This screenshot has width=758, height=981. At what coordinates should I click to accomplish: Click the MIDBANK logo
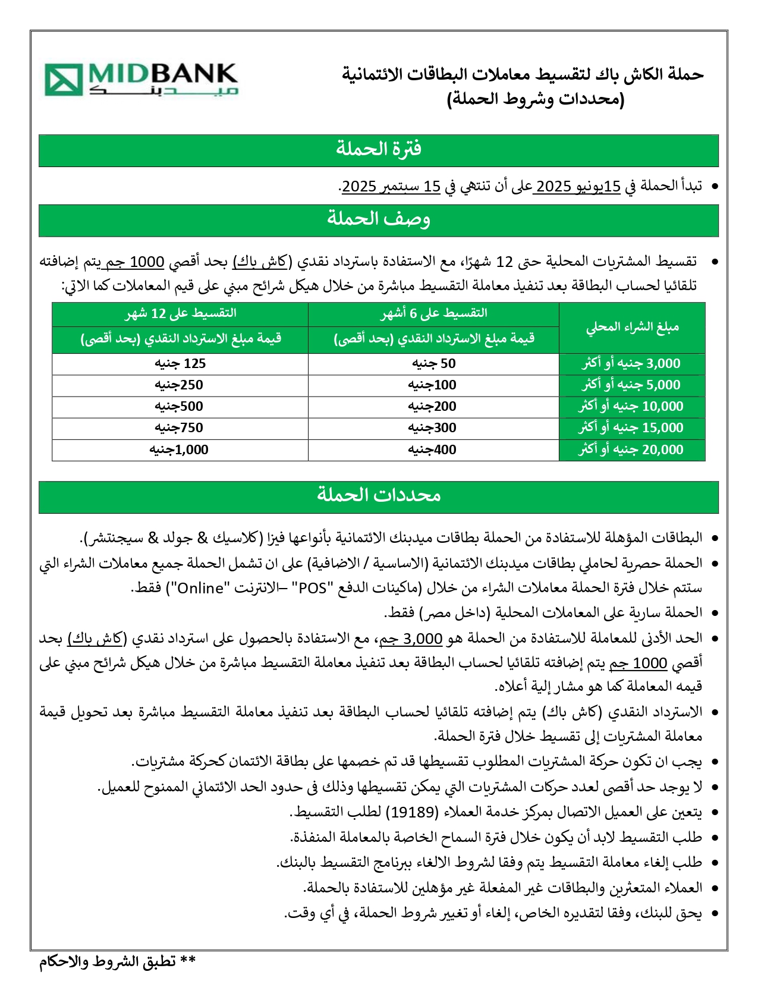[141, 80]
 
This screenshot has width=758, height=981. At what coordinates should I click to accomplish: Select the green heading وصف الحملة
[378, 220]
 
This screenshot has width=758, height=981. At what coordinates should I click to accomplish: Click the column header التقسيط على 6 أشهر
[433, 313]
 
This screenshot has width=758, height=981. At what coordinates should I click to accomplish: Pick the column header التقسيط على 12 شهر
[180, 313]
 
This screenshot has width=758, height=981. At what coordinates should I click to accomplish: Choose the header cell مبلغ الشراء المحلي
[631, 327]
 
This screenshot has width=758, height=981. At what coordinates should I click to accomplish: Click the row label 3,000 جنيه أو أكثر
[631, 364]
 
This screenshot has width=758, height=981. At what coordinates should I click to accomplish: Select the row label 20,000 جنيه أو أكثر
[631, 450]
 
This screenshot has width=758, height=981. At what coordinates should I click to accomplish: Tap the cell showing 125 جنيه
[180, 364]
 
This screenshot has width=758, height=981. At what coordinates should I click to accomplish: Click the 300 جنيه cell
[432, 428]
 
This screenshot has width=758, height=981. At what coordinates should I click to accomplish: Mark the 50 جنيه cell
[433, 364]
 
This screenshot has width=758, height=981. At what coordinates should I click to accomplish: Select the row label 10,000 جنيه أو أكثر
[631, 407]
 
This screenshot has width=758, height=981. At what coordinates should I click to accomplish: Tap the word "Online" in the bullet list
[200, 588]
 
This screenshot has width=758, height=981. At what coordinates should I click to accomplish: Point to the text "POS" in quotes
[313, 588]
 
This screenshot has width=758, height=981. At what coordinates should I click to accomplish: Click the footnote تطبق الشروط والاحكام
[118, 962]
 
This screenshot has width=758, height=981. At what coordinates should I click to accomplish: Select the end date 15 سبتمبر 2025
[391, 186]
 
